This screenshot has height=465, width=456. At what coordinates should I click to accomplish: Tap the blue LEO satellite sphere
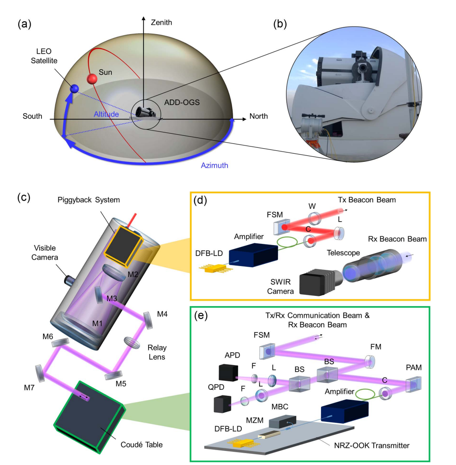click(75, 89)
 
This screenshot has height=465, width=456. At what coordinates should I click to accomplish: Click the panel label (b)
click(280, 24)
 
